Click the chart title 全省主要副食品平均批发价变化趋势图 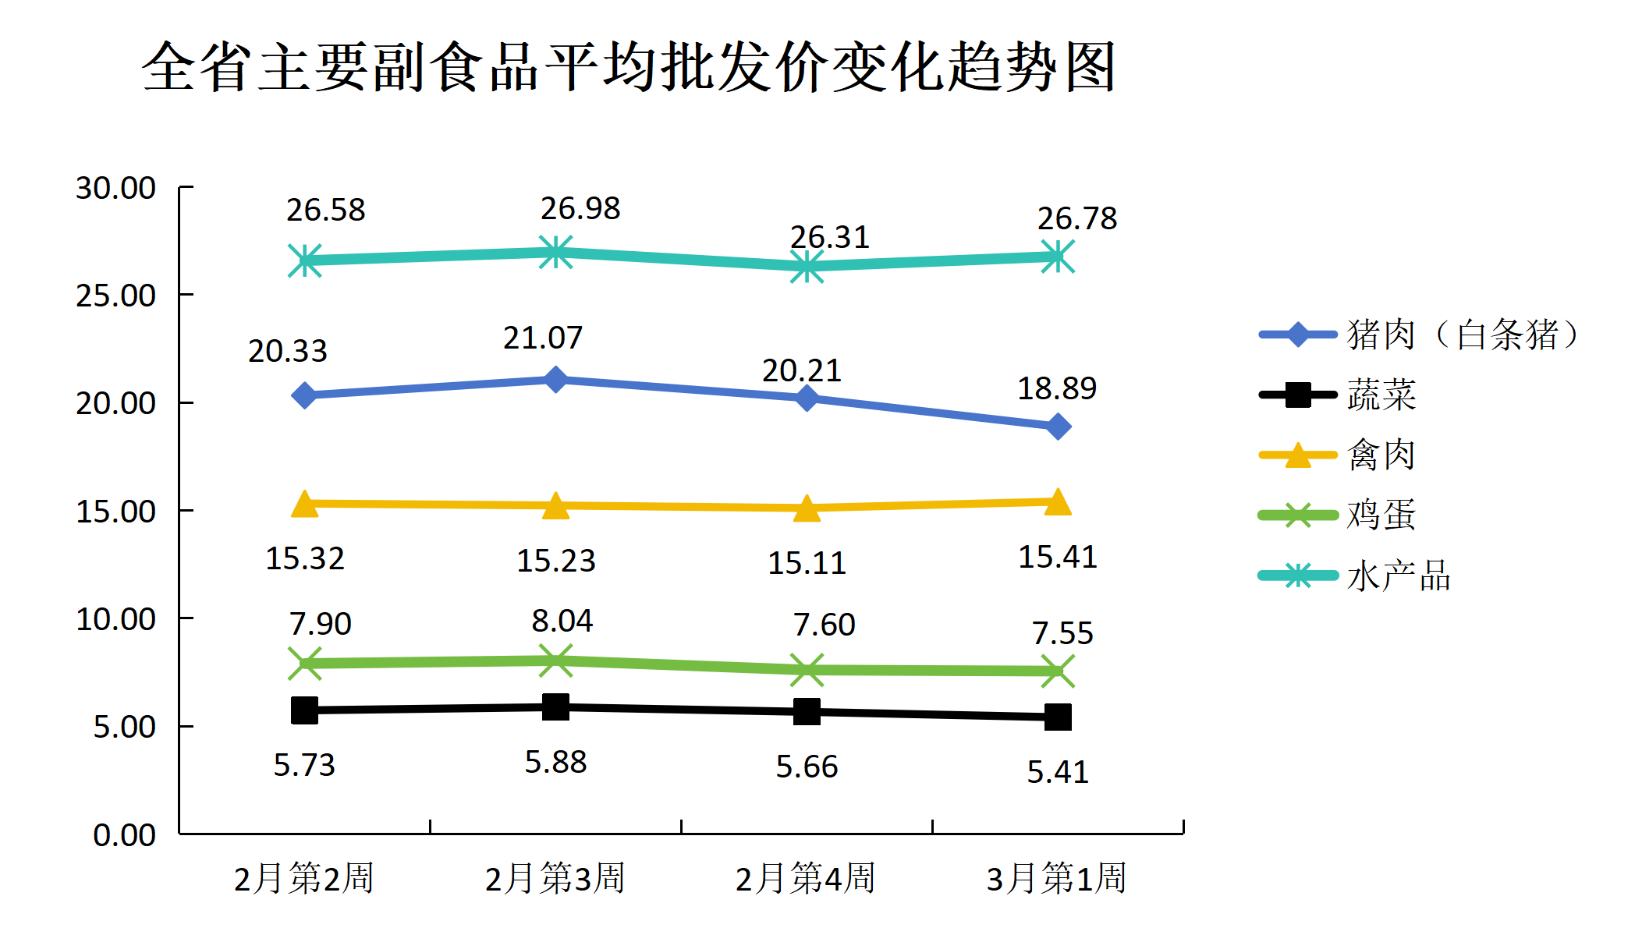coord(629,67)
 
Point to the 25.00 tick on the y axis coord(115,296)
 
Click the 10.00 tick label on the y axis coord(115,619)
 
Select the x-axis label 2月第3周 coord(555,878)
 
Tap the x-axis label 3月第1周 coord(1056,878)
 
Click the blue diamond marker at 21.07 coord(555,380)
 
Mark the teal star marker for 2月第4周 coord(807,267)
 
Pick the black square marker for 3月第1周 coord(1058,717)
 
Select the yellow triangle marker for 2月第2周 coord(305,505)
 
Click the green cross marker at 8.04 coord(555,661)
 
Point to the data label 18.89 coord(1057,388)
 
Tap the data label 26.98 coord(580,208)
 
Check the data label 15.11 coord(807,563)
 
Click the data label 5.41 coord(1058,772)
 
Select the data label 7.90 coord(320,624)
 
